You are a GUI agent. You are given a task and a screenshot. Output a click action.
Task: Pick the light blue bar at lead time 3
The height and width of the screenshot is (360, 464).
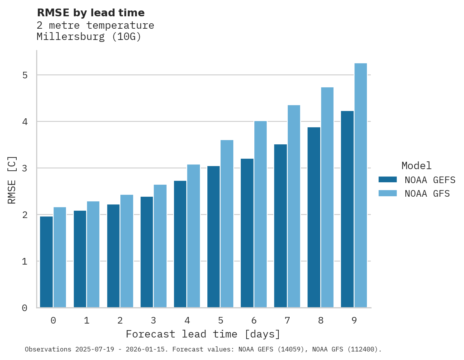tap(160, 246)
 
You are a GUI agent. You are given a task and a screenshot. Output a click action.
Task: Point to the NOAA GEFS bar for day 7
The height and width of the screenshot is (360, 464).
tap(280, 226)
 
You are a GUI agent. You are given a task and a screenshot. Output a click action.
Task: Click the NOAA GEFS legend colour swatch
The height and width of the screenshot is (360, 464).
tap(388, 180)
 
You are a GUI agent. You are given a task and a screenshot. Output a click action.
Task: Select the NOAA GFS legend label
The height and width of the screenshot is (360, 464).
tap(427, 194)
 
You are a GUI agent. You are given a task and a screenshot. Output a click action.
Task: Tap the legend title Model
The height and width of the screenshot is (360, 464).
tap(416, 166)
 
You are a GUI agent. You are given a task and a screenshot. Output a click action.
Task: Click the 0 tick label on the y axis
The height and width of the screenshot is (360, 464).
tap(24, 308)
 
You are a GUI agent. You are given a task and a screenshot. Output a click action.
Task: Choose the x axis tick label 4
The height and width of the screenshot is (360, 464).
tap(187, 320)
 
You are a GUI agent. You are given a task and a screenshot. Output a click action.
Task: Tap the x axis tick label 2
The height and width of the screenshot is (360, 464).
tap(120, 320)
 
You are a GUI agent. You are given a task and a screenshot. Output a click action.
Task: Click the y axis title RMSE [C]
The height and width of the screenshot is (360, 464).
tap(12, 180)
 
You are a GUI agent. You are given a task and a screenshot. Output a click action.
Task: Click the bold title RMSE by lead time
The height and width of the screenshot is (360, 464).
tap(90, 13)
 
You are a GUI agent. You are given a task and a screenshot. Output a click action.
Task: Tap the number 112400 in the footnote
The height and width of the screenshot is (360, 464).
tap(361, 350)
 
